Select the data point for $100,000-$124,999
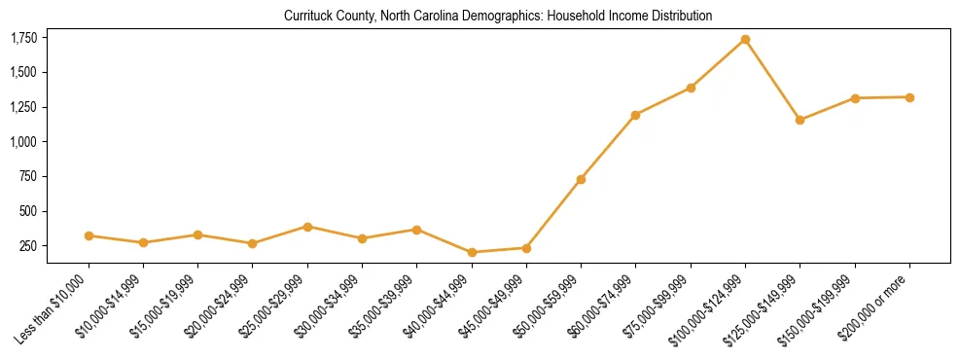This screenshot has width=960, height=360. click(745, 40)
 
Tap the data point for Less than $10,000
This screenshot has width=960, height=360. click(89, 235)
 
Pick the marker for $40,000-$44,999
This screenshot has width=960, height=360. click(472, 252)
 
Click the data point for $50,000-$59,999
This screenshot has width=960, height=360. click(581, 179)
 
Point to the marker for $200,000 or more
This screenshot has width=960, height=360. click(909, 97)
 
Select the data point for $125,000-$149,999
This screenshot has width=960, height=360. click(800, 120)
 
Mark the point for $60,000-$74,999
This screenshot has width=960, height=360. click(635, 115)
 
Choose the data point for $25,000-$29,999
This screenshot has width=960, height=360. click(307, 227)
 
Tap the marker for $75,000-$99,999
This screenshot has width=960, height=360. click(691, 88)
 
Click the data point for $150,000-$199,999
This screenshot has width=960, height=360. click(855, 98)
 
